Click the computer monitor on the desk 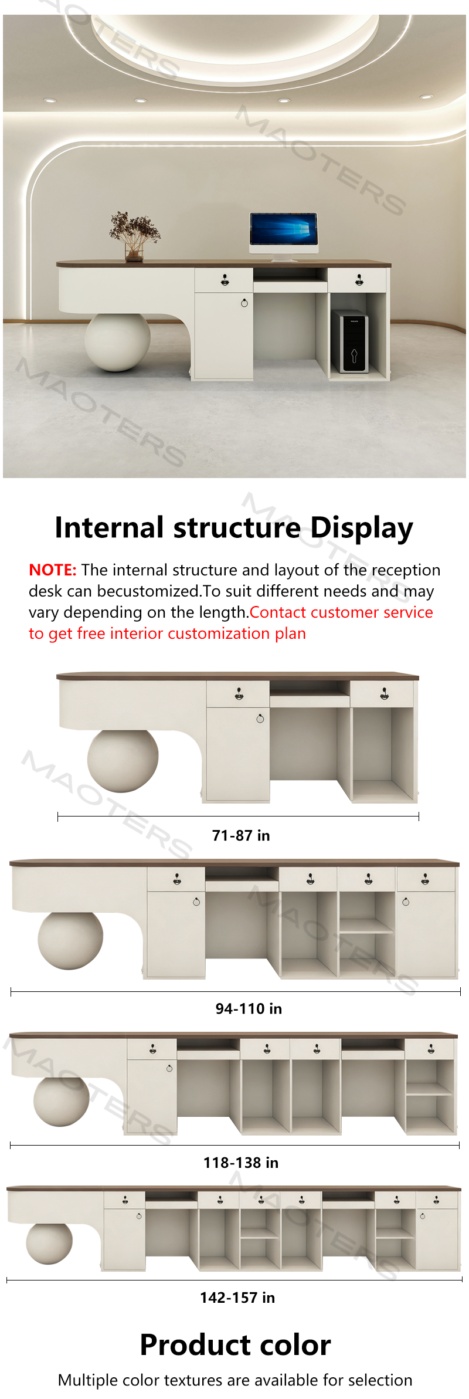click(x=284, y=235)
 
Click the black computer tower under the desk click(x=350, y=341)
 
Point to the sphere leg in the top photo click(x=117, y=342)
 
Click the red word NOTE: click(x=53, y=570)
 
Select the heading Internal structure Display click(x=234, y=527)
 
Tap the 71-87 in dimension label click(x=241, y=835)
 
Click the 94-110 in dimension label click(x=249, y=1008)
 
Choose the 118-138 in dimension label click(x=241, y=1163)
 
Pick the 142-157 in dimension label click(x=237, y=1298)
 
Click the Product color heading click(x=235, y=1345)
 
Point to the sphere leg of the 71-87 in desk click(x=123, y=761)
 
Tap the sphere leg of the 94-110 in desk click(x=70, y=940)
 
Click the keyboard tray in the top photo click(x=290, y=286)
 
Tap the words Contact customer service click(x=341, y=612)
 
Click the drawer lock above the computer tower click(x=359, y=280)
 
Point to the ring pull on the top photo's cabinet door click(x=244, y=303)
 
